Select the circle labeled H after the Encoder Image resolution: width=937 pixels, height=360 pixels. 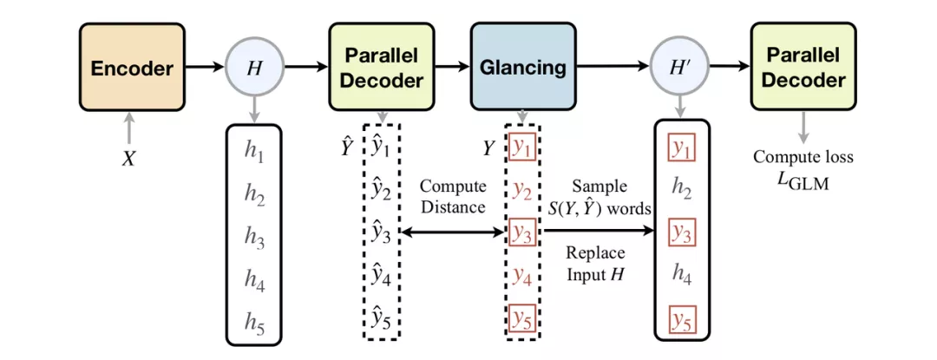(254, 67)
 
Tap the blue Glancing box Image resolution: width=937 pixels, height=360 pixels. (522, 67)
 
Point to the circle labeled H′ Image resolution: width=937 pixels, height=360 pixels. (680, 67)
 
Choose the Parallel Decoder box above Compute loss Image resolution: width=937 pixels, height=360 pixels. (803, 67)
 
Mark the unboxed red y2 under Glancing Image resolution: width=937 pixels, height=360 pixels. (521, 191)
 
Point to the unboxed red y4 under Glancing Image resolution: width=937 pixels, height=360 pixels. (521, 277)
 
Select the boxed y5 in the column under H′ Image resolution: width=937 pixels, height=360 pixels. (682, 324)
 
